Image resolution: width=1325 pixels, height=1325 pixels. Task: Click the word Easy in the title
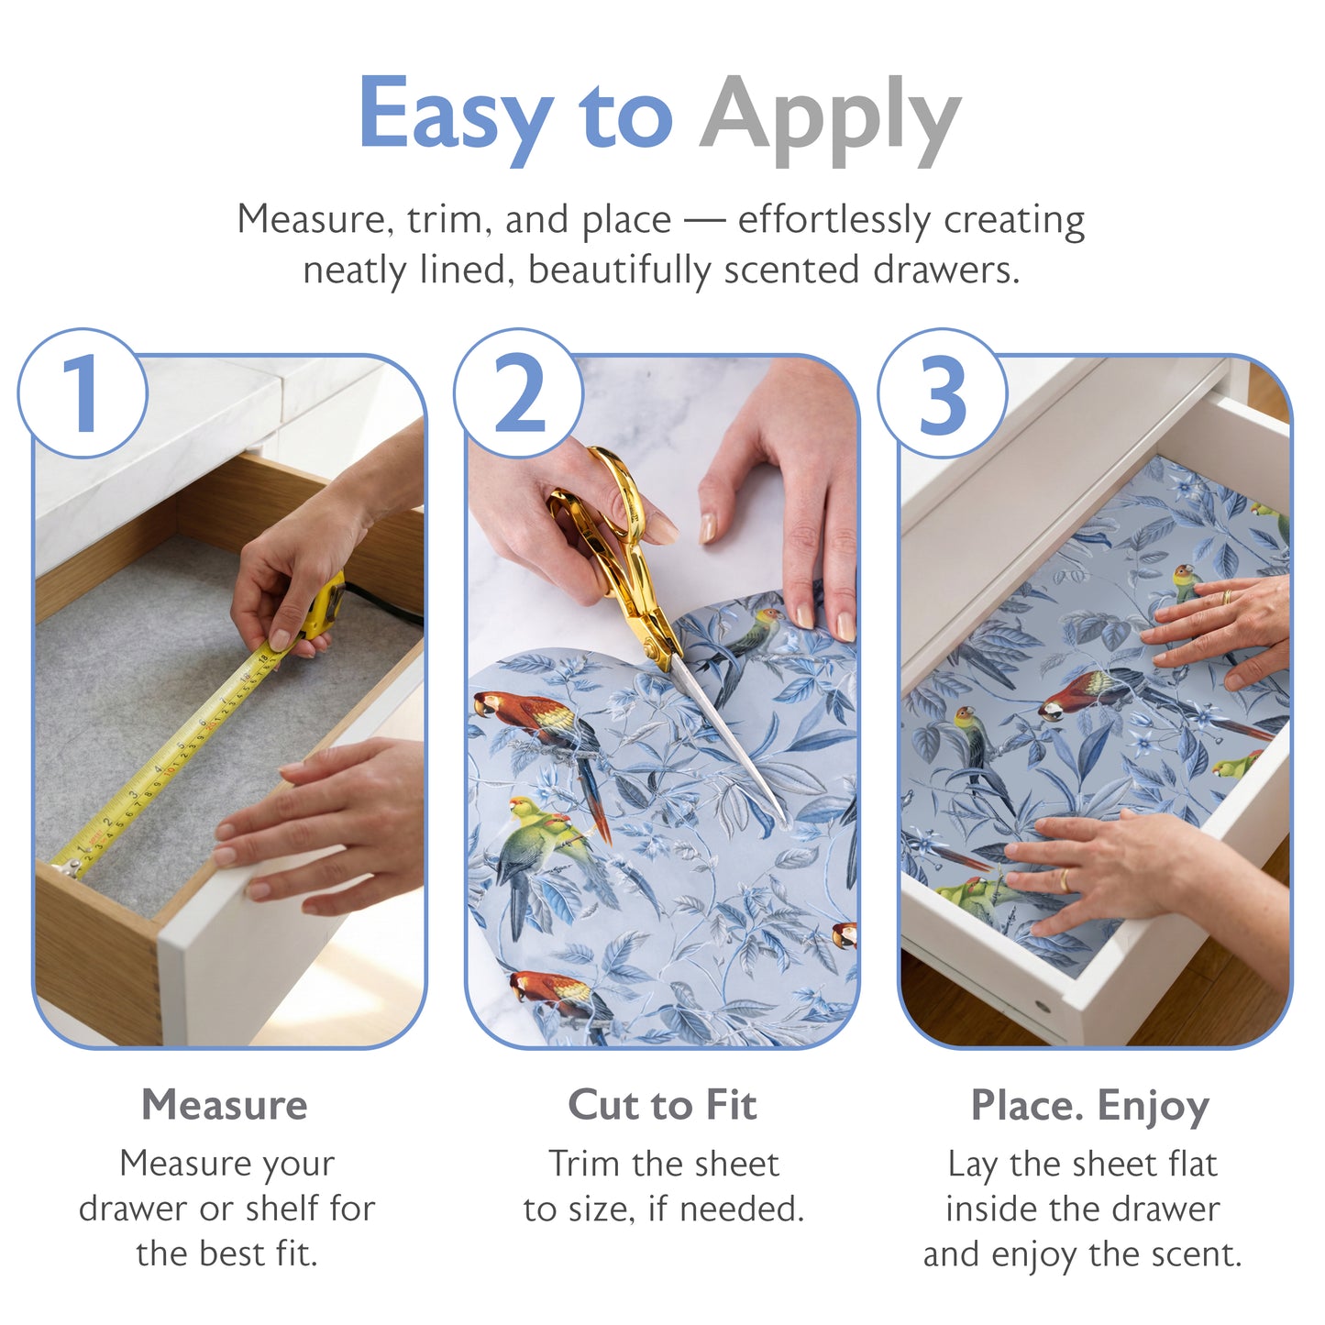click(455, 114)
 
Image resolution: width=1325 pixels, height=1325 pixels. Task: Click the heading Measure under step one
click(224, 1105)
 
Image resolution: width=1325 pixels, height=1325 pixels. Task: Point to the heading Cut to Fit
click(662, 1105)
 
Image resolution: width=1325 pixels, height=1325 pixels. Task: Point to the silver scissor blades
click(729, 734)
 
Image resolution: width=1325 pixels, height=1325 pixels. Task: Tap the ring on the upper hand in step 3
click(1226, 597)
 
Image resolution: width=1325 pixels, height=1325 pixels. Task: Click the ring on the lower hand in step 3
click(1064, 880)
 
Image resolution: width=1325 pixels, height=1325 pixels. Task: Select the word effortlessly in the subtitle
click(834, 220)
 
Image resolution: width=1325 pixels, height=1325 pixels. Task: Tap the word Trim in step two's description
click(583, 1165)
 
